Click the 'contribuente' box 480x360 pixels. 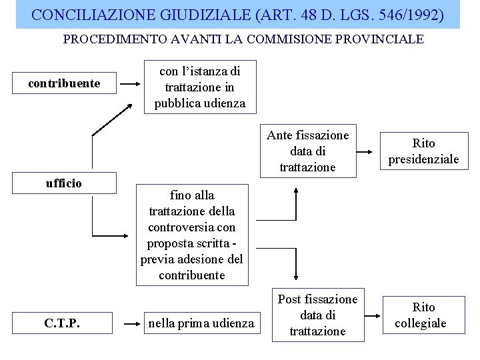pyautogui.click(x=64, y=83)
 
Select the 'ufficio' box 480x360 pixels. pyautogui.click(x=64, y=183)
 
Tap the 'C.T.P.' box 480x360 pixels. pyautogui.click(x=63, y=323)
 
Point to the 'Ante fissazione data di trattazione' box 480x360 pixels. pyautogui.click(x=308, y=151)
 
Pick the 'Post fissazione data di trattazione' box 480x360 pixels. pyautogui.click(x=317, y=315)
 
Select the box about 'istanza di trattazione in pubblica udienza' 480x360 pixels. pyautogui.click(x=199, y=87)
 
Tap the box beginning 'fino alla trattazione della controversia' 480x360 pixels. pyautogui.click(x=192, y=235)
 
